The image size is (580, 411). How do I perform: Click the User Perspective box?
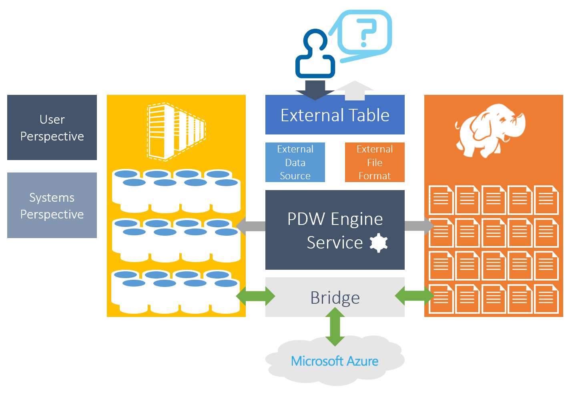[52, 127]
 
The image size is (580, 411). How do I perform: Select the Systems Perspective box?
[52, 205]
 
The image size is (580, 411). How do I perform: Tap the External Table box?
[335, 115]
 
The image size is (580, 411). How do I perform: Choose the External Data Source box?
[295, 162]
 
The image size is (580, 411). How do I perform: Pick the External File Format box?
[375, 162]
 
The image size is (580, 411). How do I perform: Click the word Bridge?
[335, 298]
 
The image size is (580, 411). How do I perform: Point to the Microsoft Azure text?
[335, 361]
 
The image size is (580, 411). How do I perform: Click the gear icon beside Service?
[379, 243]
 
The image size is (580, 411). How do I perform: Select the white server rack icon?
[176, 132]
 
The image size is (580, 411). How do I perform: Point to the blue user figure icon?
[315, 54]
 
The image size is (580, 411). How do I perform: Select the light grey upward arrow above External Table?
[355, 90]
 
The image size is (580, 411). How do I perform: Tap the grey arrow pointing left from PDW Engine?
[251, 226]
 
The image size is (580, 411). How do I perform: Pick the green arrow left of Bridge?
[256, 297]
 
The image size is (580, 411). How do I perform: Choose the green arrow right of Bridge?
[414, 296]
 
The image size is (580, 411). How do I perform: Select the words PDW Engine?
[335, 219]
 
